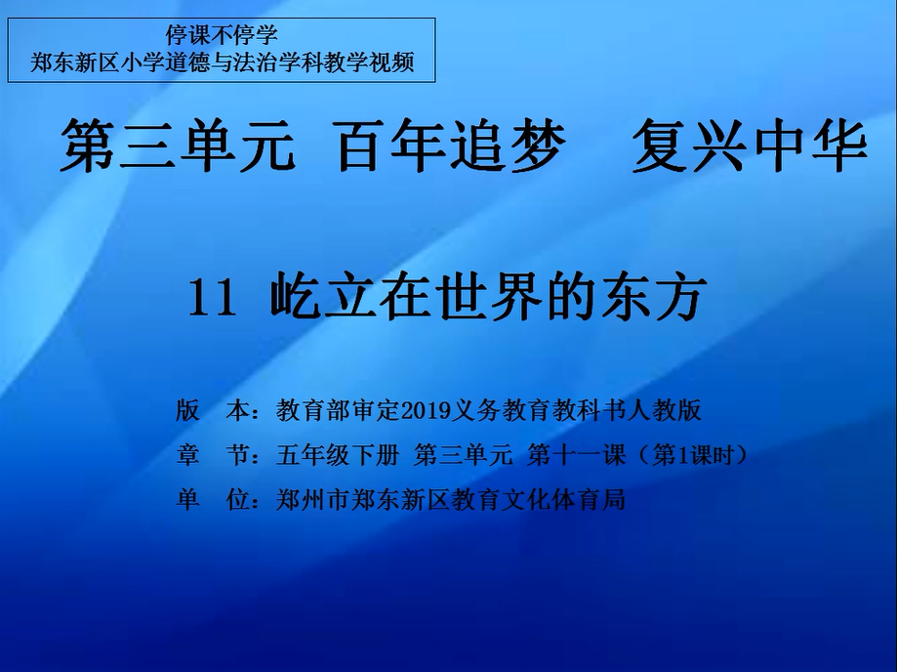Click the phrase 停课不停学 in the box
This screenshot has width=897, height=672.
pyautogui.click(x=222, y=35)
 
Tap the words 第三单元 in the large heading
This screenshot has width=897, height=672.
pyautogui.click(x=178, y=145)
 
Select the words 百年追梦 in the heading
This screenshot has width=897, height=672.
pyautogui.click(x=451, y=145)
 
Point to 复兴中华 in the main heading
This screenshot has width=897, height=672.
pyautogui.click(x=750, y=145)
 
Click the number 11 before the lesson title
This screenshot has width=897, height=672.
pyautogui.click(x=212, y=298)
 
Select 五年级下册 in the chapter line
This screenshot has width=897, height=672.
pyautogui.click(x=337, y=455)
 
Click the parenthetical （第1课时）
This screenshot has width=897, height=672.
pyautogui.click(x=693, y=455)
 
